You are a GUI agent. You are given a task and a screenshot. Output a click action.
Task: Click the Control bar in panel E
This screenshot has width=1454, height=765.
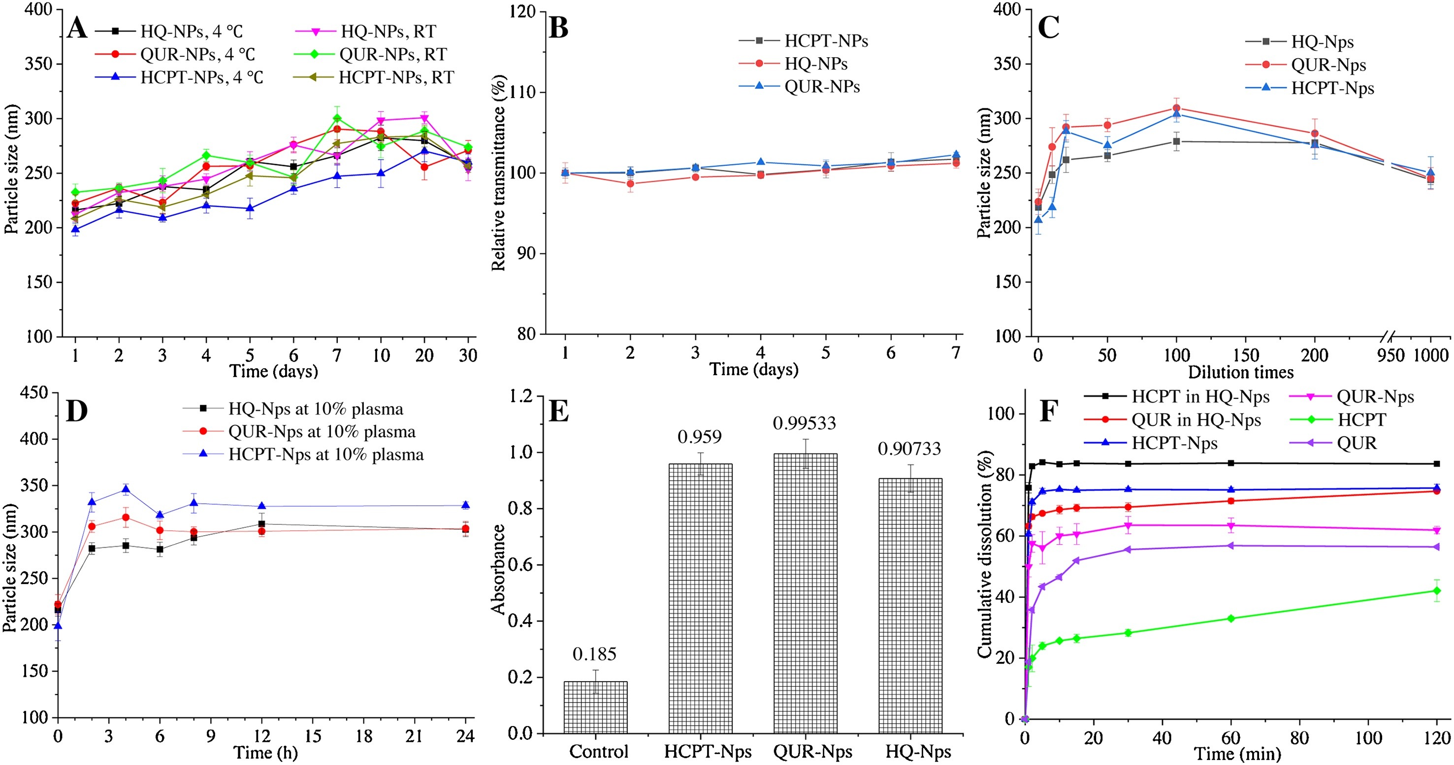point(595,707)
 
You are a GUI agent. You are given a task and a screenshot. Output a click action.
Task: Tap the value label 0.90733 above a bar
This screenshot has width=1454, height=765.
point(909,449)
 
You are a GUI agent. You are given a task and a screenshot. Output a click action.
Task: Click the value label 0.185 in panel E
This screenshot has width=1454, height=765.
point(594,654)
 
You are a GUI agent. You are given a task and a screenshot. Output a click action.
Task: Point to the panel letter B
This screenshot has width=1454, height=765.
point(558,28)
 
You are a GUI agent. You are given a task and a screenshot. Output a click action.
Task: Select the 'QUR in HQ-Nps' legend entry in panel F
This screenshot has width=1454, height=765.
point(1196,420)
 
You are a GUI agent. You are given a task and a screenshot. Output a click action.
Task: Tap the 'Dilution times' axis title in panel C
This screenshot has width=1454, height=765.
point(1241,372)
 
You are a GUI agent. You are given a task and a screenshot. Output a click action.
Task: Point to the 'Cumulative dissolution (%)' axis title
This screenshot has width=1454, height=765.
point(984,554)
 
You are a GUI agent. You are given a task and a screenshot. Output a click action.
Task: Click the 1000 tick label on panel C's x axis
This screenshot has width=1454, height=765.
point(1430,355)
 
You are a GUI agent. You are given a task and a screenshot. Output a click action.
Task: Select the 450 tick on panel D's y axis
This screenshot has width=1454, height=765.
point(34,393)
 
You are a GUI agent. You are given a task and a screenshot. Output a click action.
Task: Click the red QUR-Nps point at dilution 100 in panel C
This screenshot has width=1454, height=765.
point(1177,108)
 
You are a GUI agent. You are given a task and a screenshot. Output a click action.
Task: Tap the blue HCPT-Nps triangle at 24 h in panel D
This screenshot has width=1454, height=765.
point(466,505)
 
